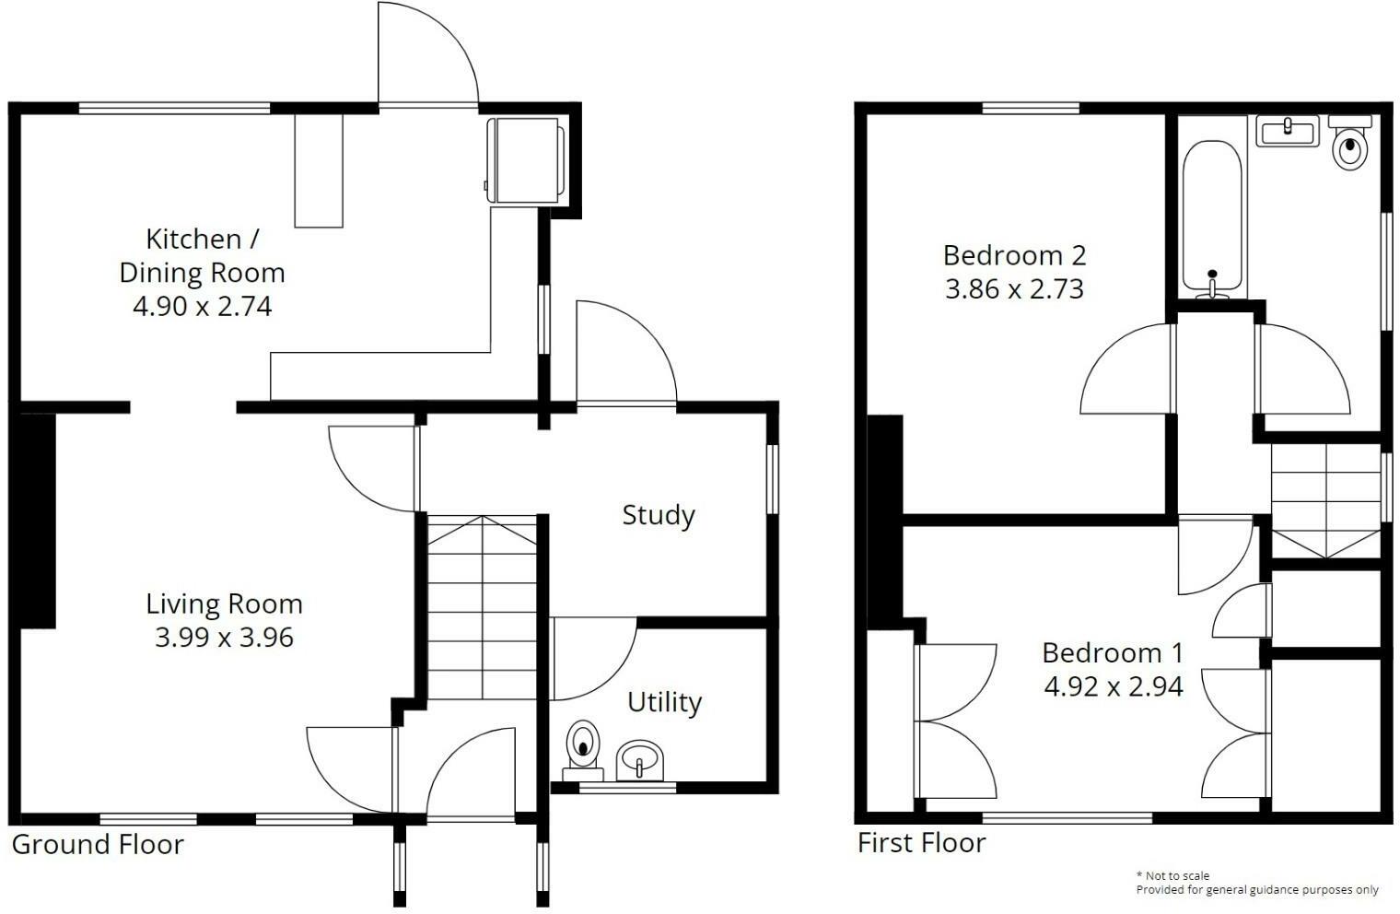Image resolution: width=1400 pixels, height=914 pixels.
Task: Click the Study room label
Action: (659, 516)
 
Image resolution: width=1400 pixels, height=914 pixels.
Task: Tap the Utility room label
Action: (664, 702)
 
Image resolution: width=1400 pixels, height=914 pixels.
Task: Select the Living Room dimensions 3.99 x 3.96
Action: (225, 638)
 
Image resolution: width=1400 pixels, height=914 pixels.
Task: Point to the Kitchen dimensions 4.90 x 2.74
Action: (203, 306)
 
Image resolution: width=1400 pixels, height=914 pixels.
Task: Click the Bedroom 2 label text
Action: (1014, 255)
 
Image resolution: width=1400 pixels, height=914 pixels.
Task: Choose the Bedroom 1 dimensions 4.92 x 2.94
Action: (1114, 686)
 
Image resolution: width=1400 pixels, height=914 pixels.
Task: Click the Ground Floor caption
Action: (99, 845)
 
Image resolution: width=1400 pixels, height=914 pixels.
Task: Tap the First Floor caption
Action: (922, 843)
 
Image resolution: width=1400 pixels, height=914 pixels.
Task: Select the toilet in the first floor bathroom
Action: (1350, 143)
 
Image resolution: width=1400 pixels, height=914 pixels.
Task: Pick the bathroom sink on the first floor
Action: (1288, 131)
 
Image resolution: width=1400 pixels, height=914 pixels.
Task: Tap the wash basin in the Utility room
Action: (639, 761)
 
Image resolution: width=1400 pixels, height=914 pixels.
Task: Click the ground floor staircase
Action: (482, 606)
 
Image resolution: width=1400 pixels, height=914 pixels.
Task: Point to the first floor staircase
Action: (1325, 500)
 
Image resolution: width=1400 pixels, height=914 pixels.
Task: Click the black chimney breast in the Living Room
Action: (38, 521)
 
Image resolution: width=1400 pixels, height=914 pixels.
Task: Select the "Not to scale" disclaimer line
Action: (1172, 876)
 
